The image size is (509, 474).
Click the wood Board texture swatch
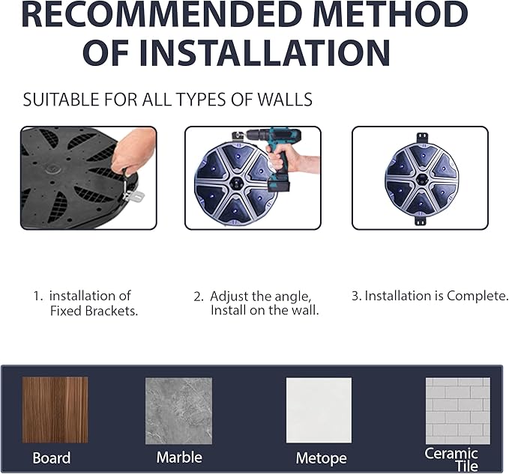click(55, 410)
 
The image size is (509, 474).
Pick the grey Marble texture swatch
click(179, 411)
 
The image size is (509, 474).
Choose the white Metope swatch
click(319, 410)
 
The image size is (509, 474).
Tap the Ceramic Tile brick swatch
click(458, 411)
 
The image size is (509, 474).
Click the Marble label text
click(179, 458)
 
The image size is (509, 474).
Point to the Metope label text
click(322, 458)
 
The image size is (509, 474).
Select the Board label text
click(52, 458)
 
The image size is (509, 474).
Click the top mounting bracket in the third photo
click(421, 137)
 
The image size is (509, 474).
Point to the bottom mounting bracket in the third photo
click(421, 220)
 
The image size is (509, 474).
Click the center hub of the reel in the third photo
click(422, 179)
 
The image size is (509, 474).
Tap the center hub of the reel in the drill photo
click(236, 183)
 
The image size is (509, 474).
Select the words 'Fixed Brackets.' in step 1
click(94, 311)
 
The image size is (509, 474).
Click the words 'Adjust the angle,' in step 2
click(261, 297)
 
